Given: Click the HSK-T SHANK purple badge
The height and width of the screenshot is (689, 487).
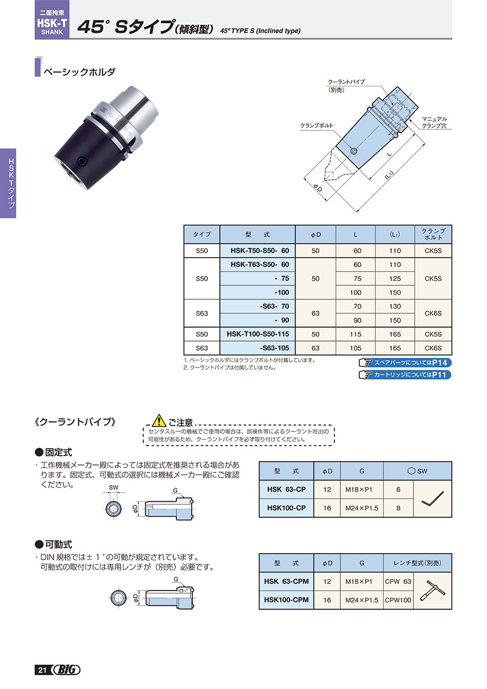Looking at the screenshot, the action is coord(51,19).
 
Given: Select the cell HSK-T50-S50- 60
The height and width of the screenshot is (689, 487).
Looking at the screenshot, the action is coord(258,251).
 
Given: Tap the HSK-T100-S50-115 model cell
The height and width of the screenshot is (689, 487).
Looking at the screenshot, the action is coord(258,334).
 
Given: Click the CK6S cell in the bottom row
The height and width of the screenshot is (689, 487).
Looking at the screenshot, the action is coord(433,348).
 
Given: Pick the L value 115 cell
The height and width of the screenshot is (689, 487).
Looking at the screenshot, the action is coord(356,334).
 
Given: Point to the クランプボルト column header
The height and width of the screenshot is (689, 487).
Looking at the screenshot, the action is coord(433,234).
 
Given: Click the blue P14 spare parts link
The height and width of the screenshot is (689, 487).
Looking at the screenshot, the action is coord(405,363).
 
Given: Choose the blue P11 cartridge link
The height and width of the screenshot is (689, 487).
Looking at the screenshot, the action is coord(405,375).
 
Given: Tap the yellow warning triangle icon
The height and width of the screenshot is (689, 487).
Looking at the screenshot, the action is coord(159,420).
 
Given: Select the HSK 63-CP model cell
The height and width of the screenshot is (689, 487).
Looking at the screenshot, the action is coord(286,489).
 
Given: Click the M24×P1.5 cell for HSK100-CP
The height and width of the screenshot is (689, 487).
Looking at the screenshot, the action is coord(361,508).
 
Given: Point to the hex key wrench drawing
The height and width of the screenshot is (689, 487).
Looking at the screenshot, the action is coord(432,498).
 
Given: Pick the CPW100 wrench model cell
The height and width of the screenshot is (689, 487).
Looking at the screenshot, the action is coord(398,600).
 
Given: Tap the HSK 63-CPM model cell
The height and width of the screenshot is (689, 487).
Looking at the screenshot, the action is coord(286,581).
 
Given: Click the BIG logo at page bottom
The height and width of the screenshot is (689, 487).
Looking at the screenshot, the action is coord(67,670).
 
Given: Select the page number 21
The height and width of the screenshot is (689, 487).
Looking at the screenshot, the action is coord(42,670).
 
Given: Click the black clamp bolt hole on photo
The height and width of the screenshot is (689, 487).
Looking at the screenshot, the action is coord(82,161).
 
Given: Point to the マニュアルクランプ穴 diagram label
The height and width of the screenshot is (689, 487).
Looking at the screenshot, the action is coord(434,122).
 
